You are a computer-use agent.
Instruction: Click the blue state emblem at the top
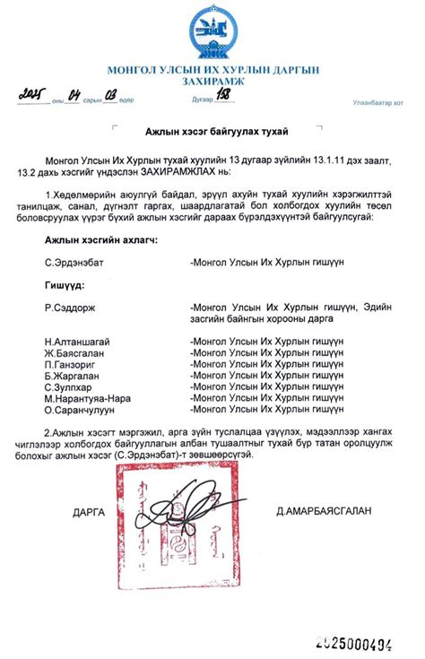point(212,33)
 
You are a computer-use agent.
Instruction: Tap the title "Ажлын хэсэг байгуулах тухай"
point(212,132)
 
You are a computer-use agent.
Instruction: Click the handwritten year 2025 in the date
point(34,95)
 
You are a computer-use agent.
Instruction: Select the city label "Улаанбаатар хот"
point(377,103)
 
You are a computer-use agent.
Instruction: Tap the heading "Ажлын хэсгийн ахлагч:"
point(100,240)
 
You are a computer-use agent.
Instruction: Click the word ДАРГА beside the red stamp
point(89,513)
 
